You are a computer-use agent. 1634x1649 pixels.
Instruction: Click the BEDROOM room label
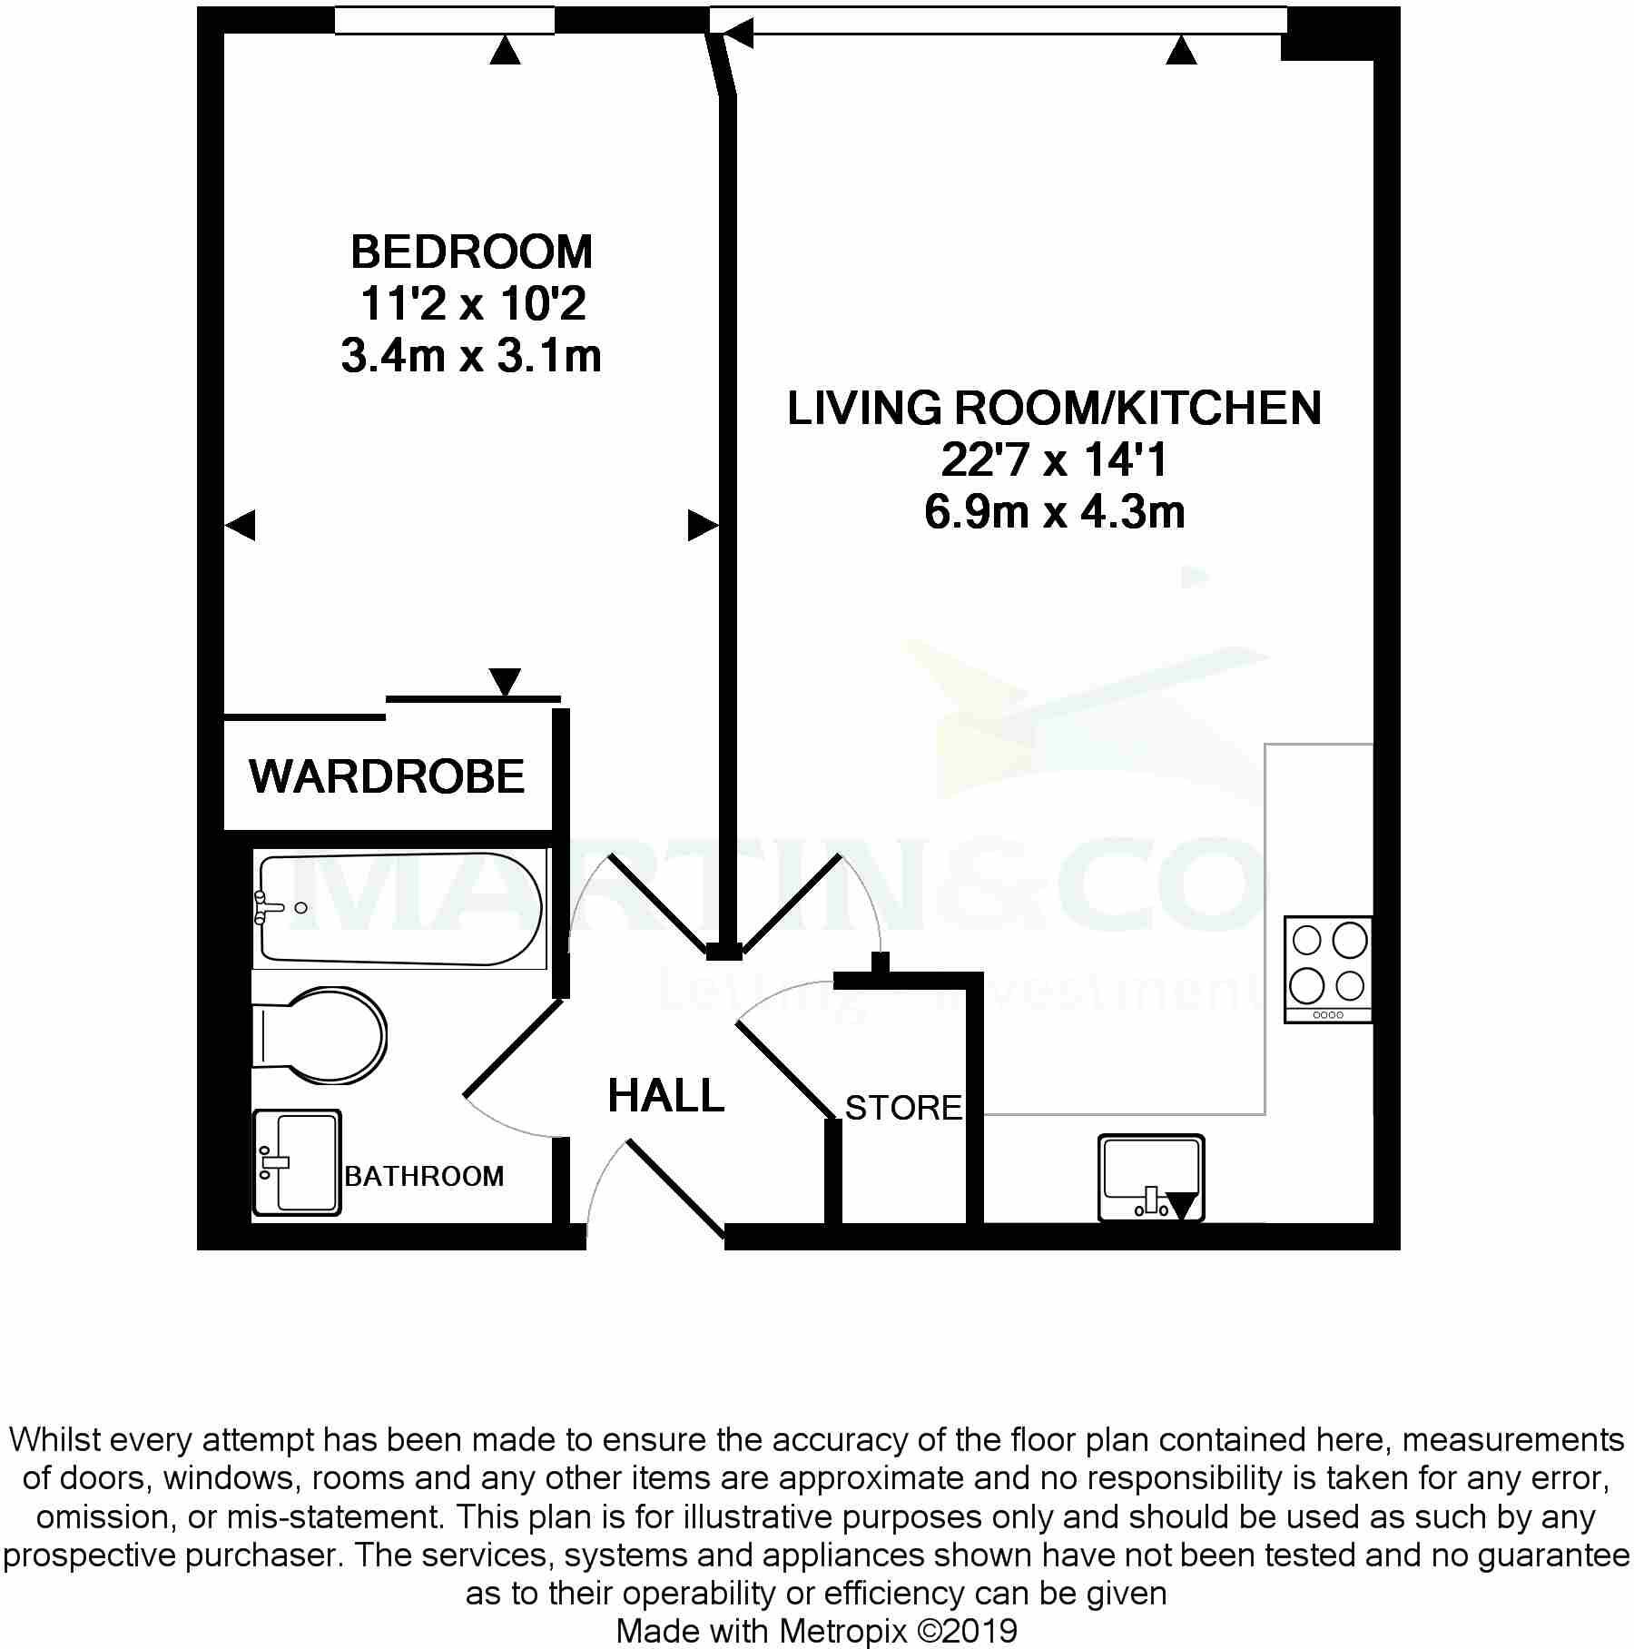click(471, 252)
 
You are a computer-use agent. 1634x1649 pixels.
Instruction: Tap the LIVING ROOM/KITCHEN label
click(1054, 408)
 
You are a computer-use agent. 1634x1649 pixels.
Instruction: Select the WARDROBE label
click(388, 776)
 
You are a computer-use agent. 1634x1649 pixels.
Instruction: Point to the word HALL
click(666, 1095)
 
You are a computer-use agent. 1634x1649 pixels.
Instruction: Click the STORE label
click(903, 1108)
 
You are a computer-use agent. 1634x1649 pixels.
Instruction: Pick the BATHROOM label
click(424, 1176)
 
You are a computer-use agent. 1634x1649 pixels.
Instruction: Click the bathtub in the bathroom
click(400, 909)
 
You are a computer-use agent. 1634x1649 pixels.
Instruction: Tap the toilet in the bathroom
click(320, 1035)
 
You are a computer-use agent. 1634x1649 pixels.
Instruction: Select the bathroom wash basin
click(297, 1162)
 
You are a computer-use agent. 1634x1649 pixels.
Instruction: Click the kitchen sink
click(1151, 1178)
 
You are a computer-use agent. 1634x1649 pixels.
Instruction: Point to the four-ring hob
click(1328, 970)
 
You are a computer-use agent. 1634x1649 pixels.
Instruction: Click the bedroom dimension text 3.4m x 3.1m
click(471, 355)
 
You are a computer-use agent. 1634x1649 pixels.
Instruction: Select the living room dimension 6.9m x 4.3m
click(1055, 512)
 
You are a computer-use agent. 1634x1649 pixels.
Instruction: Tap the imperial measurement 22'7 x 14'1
click(1054, 460)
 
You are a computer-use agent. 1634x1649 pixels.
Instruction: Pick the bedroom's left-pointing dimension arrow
click(240, 525)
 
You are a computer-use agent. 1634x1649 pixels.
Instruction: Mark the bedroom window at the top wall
click(445, 20)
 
